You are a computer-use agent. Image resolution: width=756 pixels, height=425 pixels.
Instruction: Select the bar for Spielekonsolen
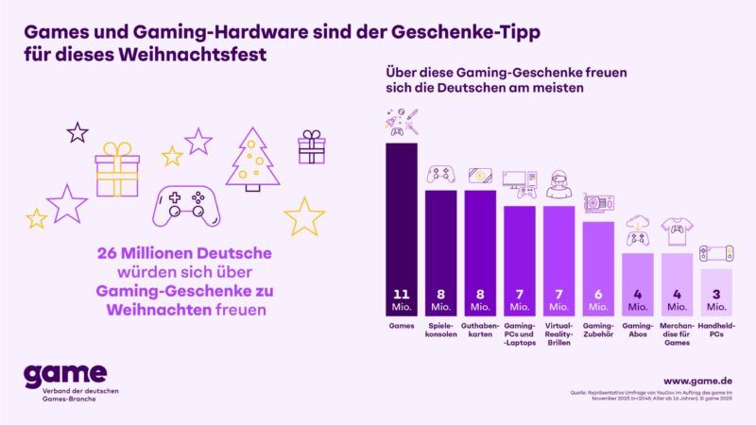pyautogui.click(x=440, y=250)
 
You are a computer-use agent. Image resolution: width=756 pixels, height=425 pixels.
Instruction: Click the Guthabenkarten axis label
pyautogui.click(x=479, y=330)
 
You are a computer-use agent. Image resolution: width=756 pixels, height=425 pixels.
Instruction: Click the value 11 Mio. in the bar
pyautogui.click(x=401, y=299)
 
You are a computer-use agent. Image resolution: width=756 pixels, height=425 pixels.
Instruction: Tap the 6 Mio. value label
pyautogui.click(x=597, y=299)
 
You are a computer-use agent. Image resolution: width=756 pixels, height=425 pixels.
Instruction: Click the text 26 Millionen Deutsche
pyautogui.click(x=184, y=253)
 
